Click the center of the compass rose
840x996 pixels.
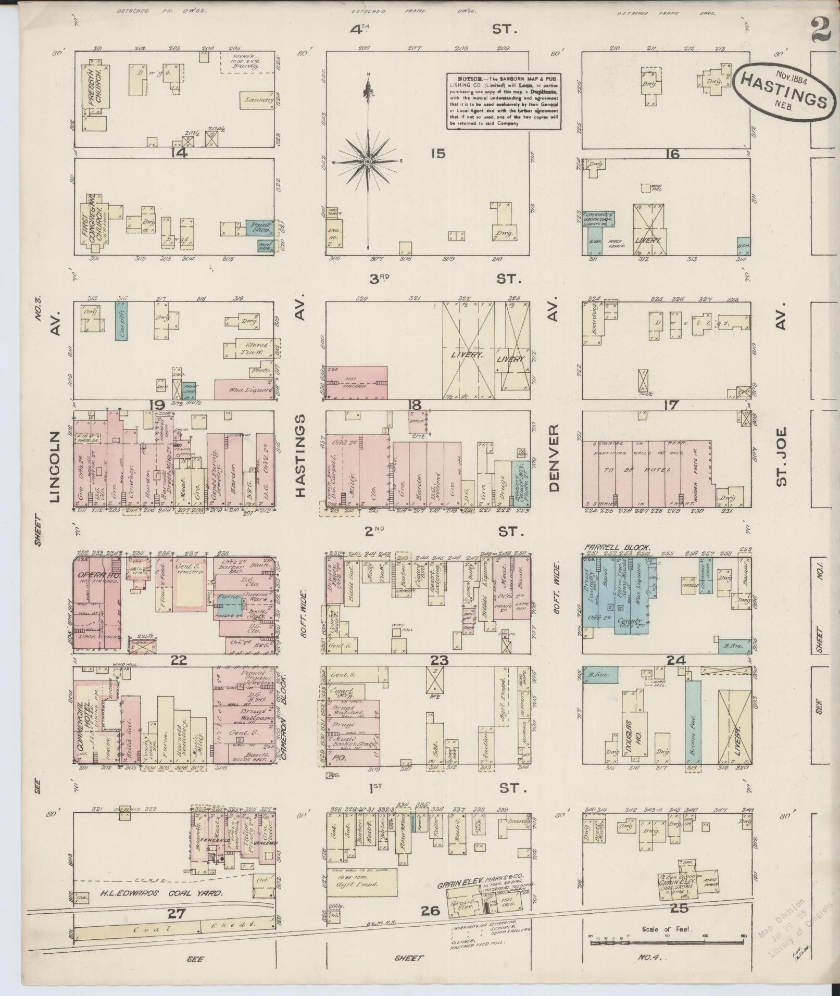click(x=368, y=162)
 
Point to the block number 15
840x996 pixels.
click(x=438, y=154)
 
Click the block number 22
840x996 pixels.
click(x=178, y=660)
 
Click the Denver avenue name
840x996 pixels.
click(x=553, y=458)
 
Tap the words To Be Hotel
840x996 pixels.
click(x=644, y=469)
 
